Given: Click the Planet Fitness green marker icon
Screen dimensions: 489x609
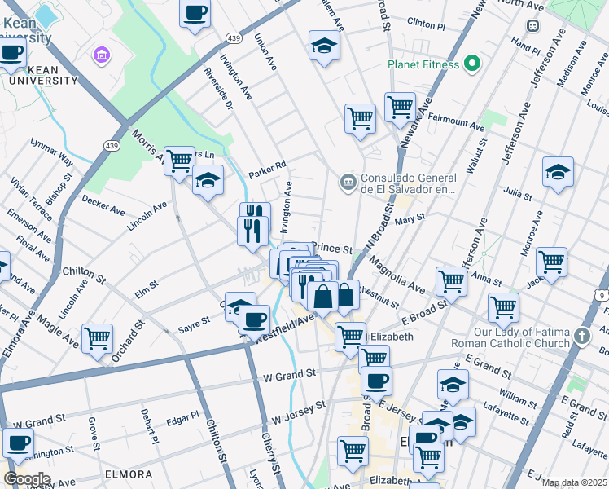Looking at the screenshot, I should click(471, 64).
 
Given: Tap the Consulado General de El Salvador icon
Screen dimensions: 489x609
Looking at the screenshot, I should click(348, 181).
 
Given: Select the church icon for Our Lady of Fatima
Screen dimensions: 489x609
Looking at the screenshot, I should click(581, 336).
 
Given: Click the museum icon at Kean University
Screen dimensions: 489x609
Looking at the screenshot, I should click(102, 55).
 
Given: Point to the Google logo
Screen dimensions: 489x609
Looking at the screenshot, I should click(27, 478).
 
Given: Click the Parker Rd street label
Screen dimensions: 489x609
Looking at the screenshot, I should click(268, 165).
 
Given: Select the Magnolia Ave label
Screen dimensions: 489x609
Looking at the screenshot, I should click(397, 276).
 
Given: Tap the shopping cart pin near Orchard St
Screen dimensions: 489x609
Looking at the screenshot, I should click(98, 338).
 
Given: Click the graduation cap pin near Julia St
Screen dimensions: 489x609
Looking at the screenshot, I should click(558, 172).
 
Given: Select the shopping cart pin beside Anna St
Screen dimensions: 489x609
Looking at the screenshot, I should click(551, 262).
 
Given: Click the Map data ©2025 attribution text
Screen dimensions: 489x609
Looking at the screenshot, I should click(573, 482).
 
